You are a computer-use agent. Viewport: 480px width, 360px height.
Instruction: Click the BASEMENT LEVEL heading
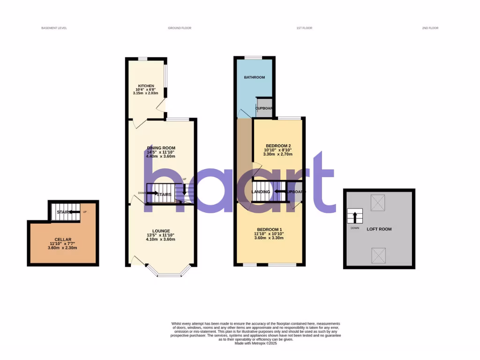pos(54,28)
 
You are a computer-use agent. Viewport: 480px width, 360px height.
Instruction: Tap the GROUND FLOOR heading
pos(180,28)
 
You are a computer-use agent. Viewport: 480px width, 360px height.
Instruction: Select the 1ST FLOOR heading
pos(304,28)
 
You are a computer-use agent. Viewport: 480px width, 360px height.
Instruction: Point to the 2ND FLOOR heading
pos(430,28)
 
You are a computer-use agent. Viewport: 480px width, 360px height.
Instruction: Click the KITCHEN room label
pos(145,86)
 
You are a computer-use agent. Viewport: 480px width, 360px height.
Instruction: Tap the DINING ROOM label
pos(160,148)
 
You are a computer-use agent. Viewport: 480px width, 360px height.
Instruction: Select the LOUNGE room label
pos(160,231)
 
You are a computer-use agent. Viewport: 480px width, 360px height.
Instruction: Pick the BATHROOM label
pos(255,77)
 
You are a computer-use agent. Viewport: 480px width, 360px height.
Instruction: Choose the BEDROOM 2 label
pos(278,146)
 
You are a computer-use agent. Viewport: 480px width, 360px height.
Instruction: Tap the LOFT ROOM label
pos(380,229)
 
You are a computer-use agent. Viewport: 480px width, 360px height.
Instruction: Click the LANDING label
pos(261,192)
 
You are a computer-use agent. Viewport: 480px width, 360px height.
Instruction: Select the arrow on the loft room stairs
pos(354,217)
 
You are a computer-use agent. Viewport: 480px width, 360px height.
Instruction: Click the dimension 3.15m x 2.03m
pos(145,93)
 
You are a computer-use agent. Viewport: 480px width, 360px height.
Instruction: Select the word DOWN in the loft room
pos(355,228)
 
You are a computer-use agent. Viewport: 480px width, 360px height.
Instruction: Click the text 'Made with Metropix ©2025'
pos(255,343)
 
